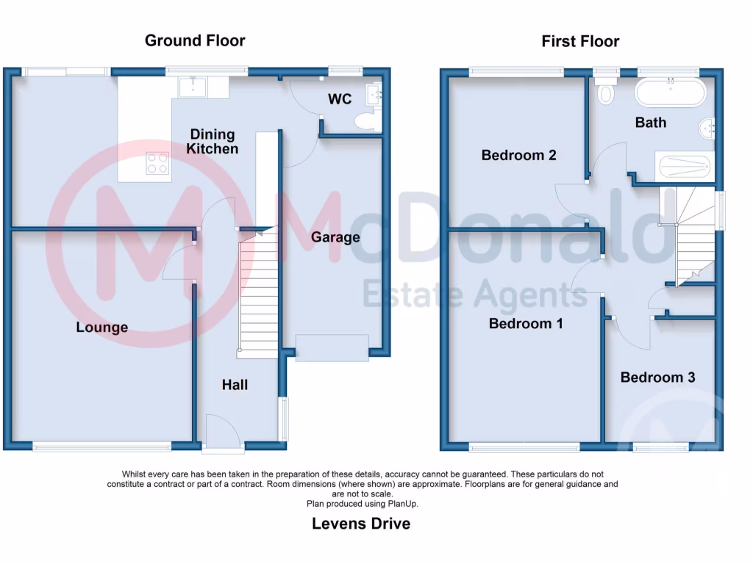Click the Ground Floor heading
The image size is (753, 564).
point(195,40)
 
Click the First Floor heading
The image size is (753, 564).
point(580,41)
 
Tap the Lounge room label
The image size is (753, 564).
point(102,327)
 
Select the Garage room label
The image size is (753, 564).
point(335,236)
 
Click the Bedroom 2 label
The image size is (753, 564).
point(518,155)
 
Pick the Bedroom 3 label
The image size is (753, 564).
point(657,377)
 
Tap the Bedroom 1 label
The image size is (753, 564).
point(526,323)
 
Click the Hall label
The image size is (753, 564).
point(235,385)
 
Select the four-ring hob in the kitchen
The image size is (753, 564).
point(156,162)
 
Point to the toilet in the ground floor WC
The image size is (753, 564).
point(365,122)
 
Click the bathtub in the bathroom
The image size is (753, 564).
point(670,94)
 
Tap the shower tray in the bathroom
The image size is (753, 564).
point(684,166)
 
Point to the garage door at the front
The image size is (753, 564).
point(332,347)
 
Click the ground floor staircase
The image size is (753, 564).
point(257,294)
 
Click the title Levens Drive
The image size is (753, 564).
point(361,524)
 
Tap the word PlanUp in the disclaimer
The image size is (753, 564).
point(403,504)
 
